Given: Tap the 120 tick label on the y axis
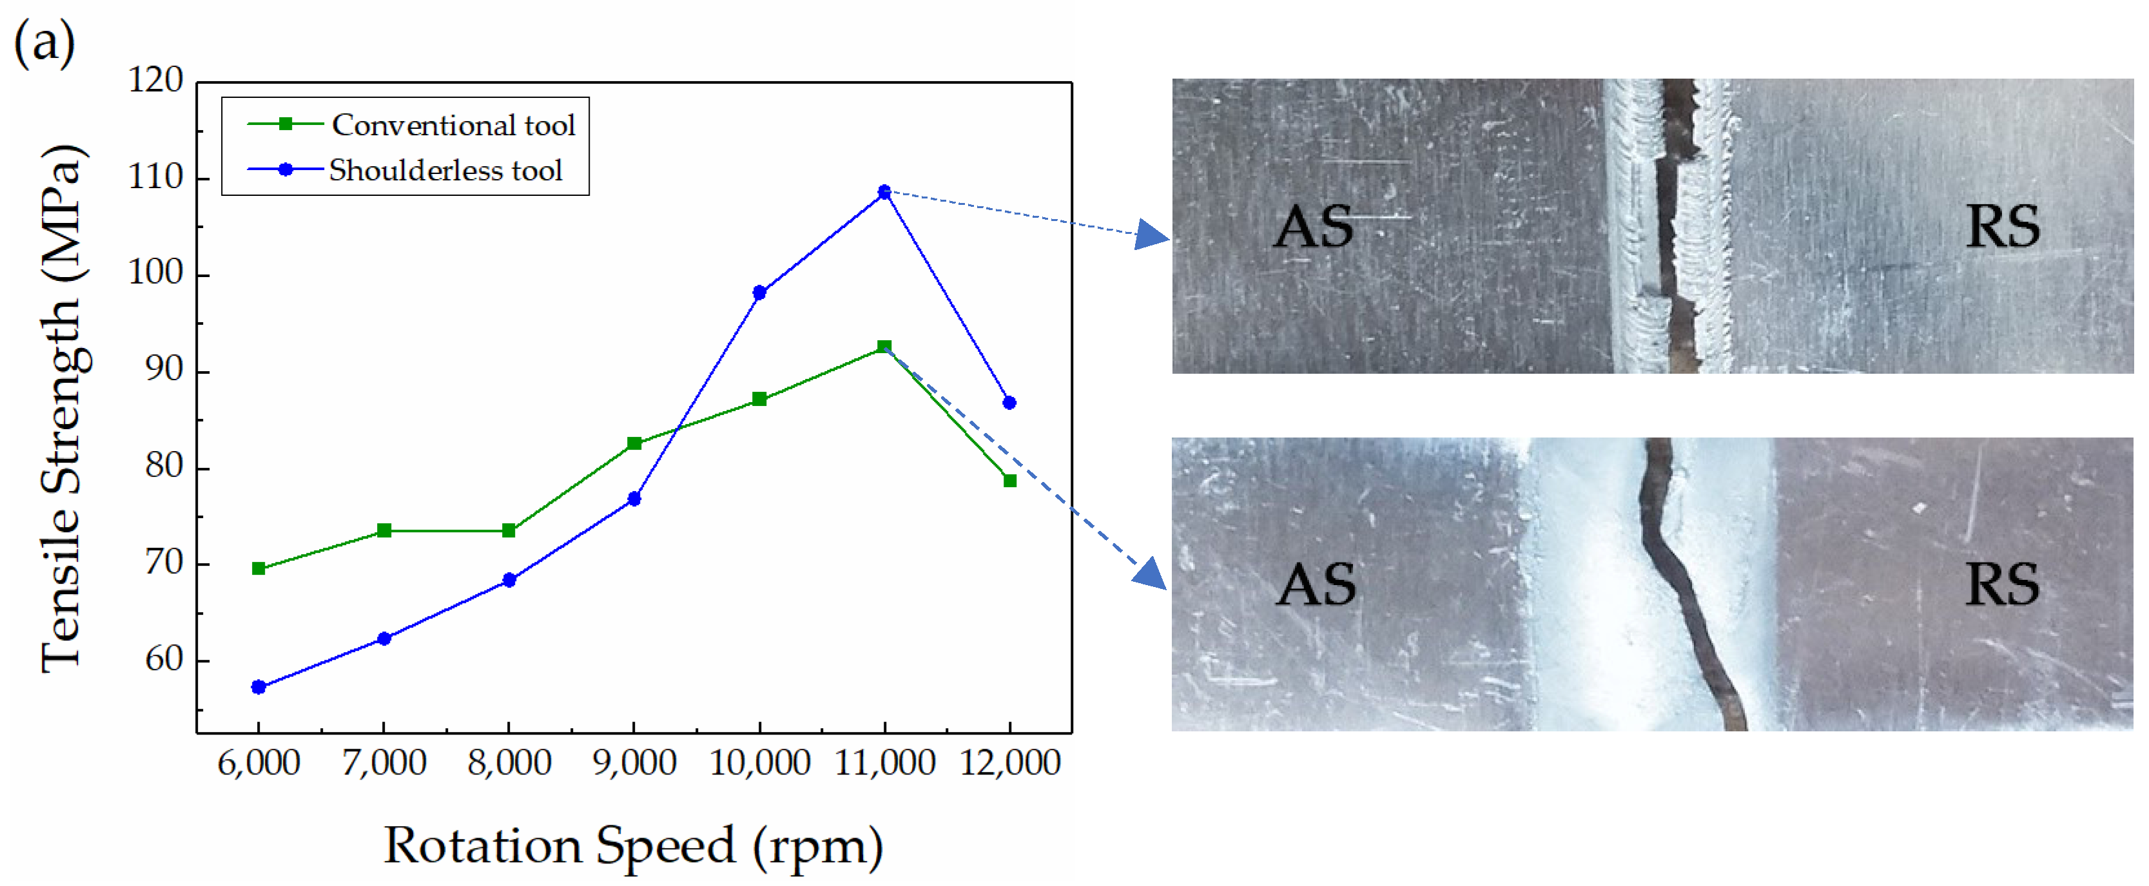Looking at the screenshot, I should coord(155,81).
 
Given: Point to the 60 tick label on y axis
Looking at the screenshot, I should coord(164,660).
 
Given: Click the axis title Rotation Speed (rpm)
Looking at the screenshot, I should coord(633,847).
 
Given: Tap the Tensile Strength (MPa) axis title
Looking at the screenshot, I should coord(62,409).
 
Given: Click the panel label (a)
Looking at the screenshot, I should coord(44,43).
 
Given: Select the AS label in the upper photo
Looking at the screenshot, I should coord(1313,227).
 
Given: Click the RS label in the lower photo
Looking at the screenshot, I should coord(2002,585).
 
